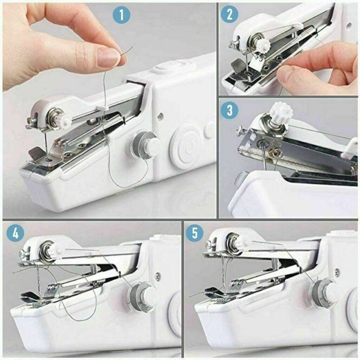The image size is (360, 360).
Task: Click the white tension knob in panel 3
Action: point(282,114)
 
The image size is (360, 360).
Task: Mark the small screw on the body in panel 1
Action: point(161,115)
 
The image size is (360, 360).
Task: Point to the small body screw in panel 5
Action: point(337,271)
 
